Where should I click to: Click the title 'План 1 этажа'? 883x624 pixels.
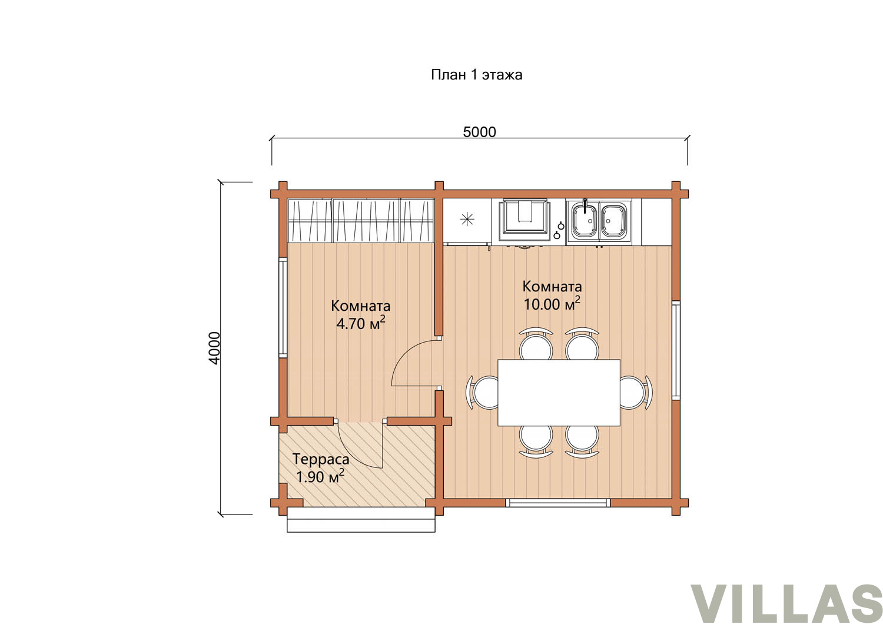tap(477, 75)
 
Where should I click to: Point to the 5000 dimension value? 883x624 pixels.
tap(479, 132)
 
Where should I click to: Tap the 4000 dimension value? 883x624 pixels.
tap(214, 348)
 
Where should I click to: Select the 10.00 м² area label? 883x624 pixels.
tap(552, 304)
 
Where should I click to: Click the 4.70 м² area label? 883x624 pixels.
tap(360, 323)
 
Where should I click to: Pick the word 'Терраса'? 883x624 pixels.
tap(321, 459)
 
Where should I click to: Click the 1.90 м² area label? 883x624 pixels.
tap(320, 477)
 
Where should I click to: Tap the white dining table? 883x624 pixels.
tap(559, 392)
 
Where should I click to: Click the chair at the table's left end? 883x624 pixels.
tap(483, 392)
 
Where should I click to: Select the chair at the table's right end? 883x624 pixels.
tap(635, 392)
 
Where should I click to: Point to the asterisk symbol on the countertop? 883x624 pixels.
tap(467, 219)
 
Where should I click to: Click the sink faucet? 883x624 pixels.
tap(585, 205)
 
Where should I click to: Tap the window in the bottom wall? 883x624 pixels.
tap(558, 503)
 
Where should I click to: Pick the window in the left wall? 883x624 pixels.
tap(283, 308)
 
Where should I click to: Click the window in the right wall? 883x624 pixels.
tap(676, 350)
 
